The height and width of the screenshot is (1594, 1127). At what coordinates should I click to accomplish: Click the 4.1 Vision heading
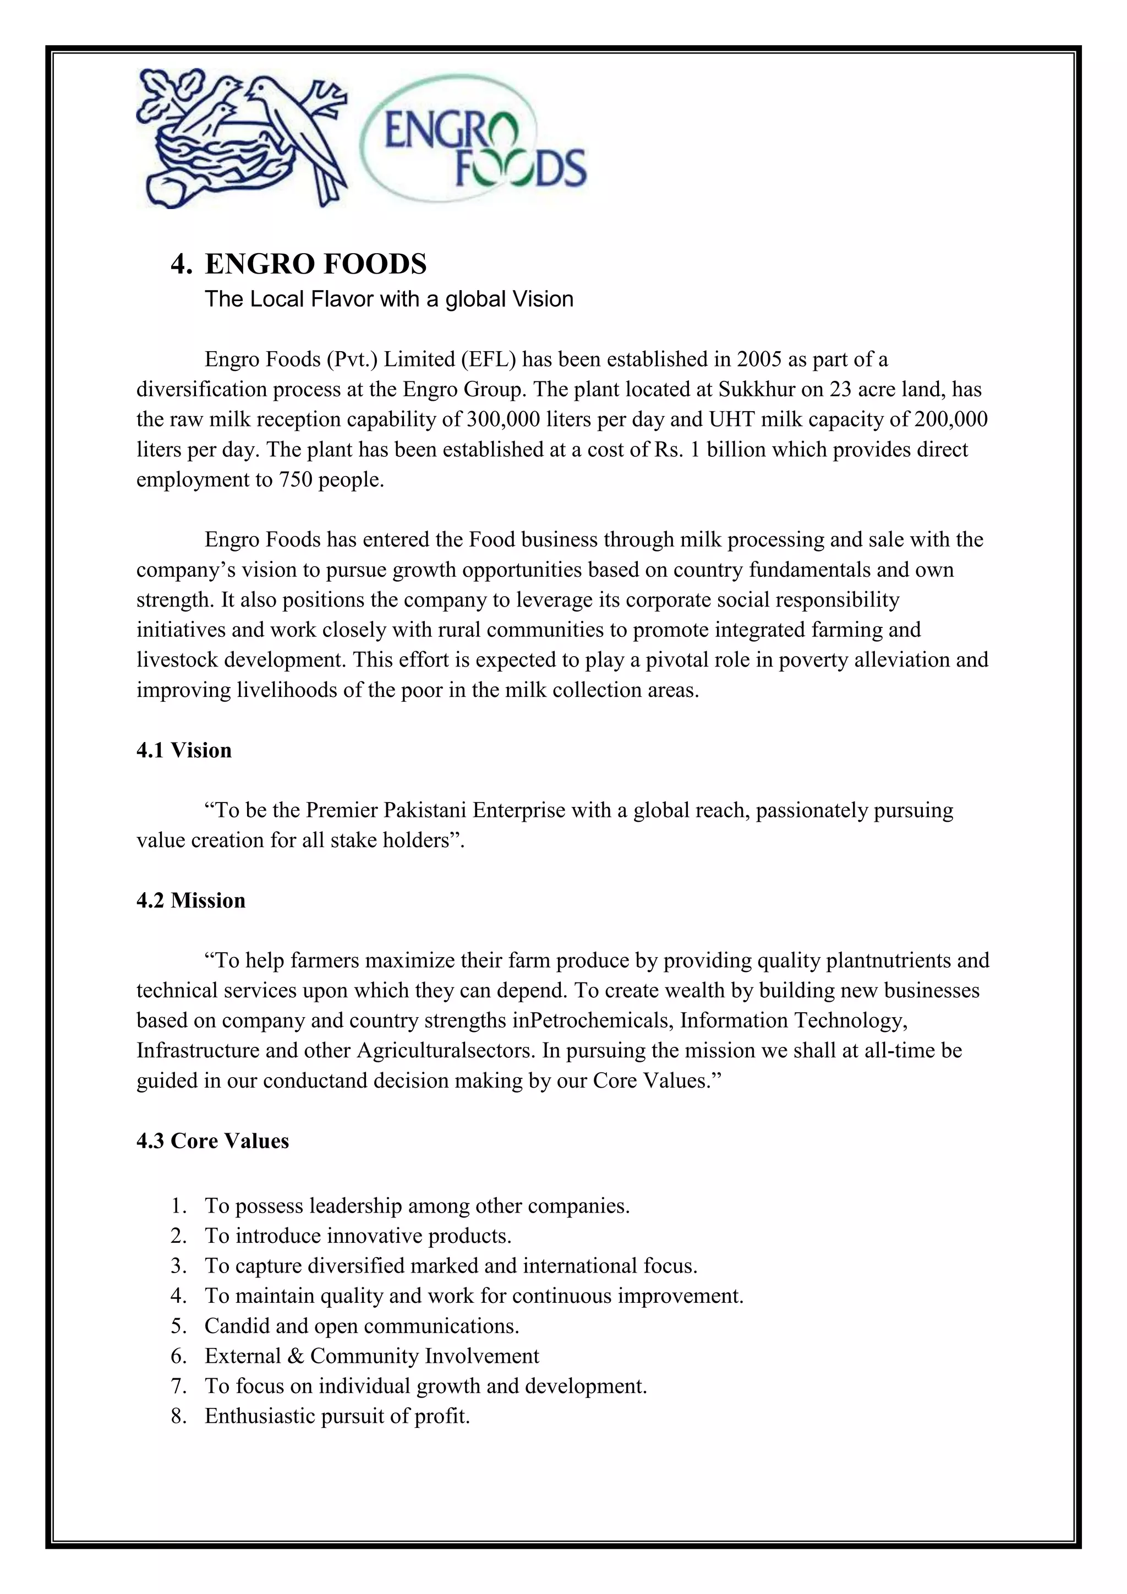click(184, 750)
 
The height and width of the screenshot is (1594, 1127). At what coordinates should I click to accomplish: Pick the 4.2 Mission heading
click(191, 900)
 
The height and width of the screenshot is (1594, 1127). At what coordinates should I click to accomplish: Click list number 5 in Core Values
click(178, 1326)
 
